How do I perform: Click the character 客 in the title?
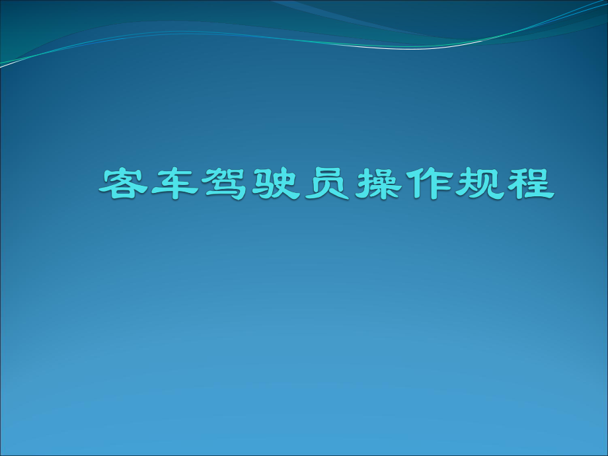point(124,182)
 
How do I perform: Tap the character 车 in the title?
point(174,182)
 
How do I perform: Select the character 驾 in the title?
point(224,182)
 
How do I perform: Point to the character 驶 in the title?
point(274,182)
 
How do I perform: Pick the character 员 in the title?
point(324,182)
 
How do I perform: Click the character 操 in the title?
point(375,182)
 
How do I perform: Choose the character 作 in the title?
point(426,182)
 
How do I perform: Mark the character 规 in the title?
point(476,182)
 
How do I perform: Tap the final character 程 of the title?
point(527,182)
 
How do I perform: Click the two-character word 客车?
point(149,182)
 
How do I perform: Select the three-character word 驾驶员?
point(274,182)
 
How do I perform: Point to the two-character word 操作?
point(400,182)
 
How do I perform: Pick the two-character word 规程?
point(502,182)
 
